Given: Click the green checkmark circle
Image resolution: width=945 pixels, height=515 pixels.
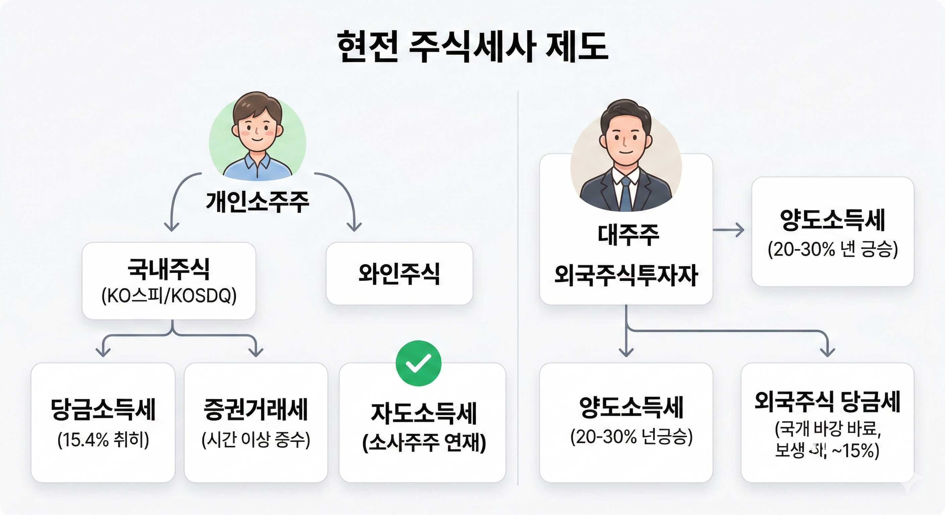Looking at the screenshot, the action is tap(418, 363).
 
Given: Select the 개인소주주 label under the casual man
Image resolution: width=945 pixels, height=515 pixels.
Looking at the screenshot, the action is tap(257, 202).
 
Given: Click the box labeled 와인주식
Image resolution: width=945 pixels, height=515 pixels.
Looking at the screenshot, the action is tap(399, 274).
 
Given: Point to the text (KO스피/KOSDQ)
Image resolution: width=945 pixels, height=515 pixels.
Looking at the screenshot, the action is tap(169, 296).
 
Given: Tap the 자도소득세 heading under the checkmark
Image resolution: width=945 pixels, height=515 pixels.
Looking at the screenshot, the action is tap(424, 413).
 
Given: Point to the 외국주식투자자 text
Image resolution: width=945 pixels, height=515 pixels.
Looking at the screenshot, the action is tap(626, 276).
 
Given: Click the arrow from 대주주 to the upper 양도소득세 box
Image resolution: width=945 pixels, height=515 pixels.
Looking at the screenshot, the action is tap(729, 231).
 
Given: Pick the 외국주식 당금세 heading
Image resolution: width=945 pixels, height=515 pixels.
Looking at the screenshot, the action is tap(828, 402).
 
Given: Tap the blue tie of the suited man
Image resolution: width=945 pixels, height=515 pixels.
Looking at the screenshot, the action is tap(626, 196).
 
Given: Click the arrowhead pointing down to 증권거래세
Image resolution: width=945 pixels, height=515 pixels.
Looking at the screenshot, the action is tap(256, 352).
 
